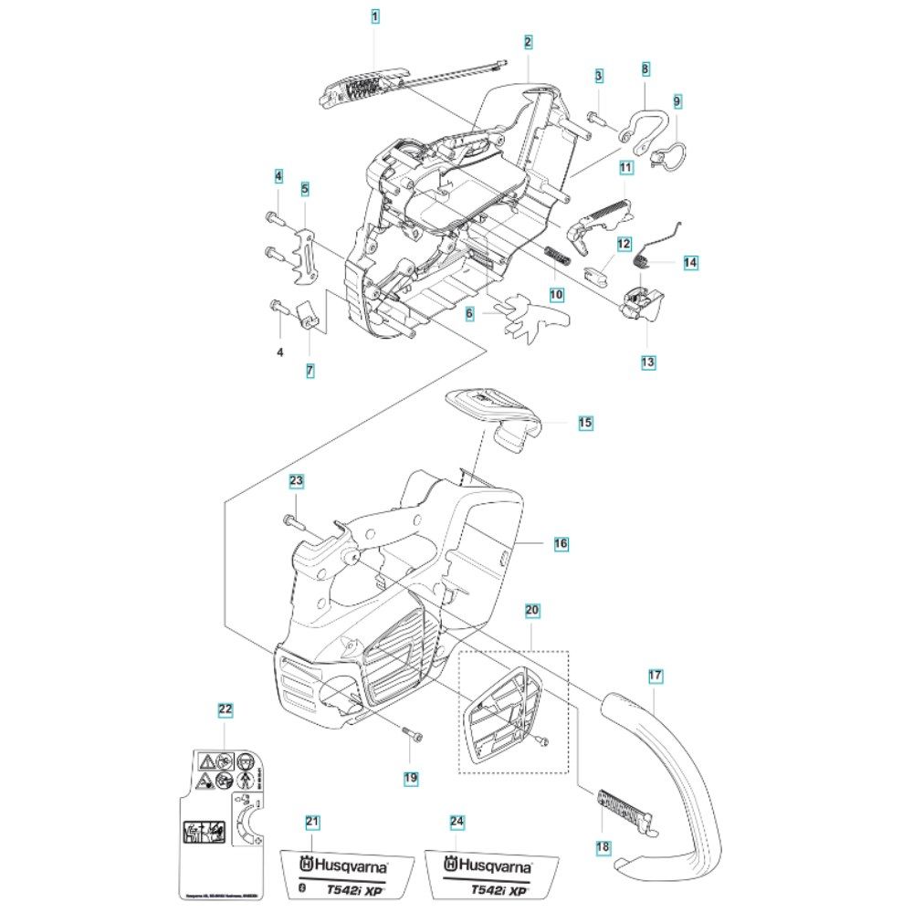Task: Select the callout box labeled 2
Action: [529, 42]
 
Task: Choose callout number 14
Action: [689, 262]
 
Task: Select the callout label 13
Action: [648, 362]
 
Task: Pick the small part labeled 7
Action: [307, 317]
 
